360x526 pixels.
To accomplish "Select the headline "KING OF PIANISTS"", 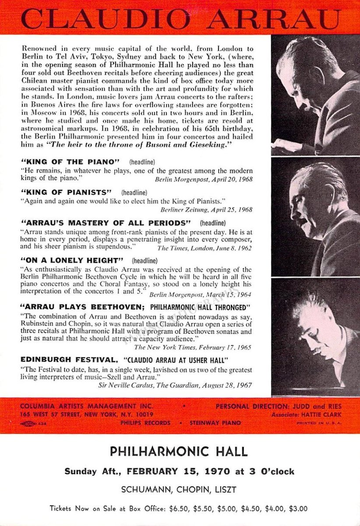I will [66, 192].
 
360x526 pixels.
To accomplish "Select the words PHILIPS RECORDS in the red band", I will [145, 423].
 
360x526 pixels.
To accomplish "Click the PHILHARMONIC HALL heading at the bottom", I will [179, 451].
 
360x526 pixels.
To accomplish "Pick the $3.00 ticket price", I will [298, 509].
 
